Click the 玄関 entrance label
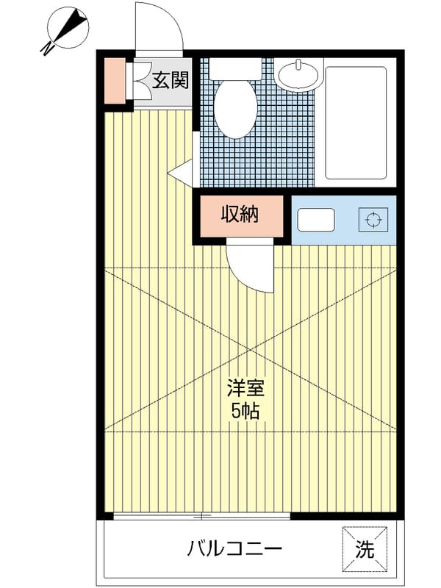coord(170,80)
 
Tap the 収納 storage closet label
coord(240,215)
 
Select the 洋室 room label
coord(246,389)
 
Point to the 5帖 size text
coord(245,412)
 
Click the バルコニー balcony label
coord(234,550)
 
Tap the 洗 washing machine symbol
coord(365,549)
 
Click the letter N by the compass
coord(46,49)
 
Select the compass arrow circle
coord(68,28)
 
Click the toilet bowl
coord(235,109)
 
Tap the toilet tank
coord(235,68)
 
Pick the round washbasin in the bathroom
coord(298,75)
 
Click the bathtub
coord(356,123)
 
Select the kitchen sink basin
coord(316,220)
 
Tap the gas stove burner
coord(373,219)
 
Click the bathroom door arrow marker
coord(180,173)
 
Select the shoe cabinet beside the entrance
coord(115,81)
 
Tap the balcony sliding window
coord(201,517)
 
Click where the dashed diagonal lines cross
coord(250,350)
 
